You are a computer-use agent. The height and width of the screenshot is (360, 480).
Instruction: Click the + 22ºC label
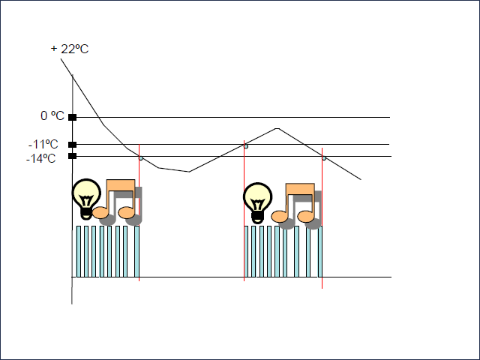pyautogui.click(x=70, y=49)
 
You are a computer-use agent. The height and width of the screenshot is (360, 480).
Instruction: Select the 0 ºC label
pyautogui.click(x=52, y=116)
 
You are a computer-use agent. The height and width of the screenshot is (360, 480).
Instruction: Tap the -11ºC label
pyautogui.click(x=43, y=144)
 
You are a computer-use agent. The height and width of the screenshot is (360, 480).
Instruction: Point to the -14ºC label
pyautogui.click(x=42, y=158)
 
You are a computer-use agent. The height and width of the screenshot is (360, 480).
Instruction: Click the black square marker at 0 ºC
pyautogui.click(x=72, y=117)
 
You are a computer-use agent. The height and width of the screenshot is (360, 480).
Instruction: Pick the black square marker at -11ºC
pyautogui.click(x=72, y=145)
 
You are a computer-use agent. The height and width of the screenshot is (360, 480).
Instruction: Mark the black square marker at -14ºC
pyautogui.click(x=72, y=156)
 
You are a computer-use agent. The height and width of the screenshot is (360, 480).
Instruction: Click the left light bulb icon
pyautogui.click(x=86, y=199)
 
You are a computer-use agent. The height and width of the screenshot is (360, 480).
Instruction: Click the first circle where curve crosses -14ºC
pyautogui.click(x=140, y=157)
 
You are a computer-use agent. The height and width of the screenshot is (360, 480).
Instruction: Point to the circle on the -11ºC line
pyautogui.click(x=245, y=145)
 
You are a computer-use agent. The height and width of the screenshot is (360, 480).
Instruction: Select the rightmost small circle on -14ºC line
pyautogui.click(x=323, y=157)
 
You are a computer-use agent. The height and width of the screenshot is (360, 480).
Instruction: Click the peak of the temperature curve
pyautogui.click(x=277, y=128)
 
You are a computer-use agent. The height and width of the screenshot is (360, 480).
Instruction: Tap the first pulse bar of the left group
pyautogui.click(x=79, y=251)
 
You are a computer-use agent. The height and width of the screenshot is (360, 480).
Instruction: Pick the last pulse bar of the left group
pyautogui.click(x=136, y=251)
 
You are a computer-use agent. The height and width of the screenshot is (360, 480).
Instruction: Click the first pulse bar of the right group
pyautogui.click(x=247, y=251)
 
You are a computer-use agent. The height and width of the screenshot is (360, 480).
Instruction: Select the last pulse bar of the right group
pyautogui.click(x=319, y=251)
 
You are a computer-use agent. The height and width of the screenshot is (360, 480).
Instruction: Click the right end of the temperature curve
pyautogui.click(x=361, y=180)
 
